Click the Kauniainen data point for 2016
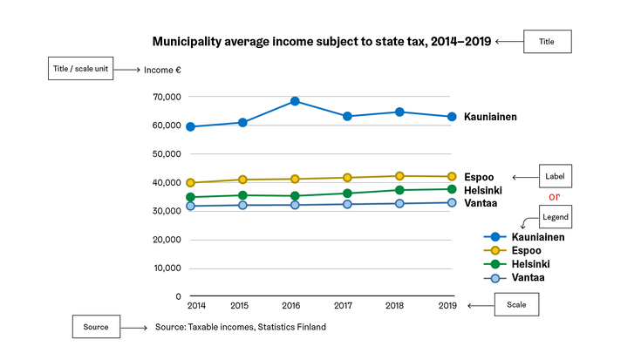coord(295,101)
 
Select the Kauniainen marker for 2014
coord(190,126)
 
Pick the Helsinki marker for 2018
coord(399,190)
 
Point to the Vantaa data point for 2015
coord(242,205)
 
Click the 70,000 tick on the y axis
coord(166,97)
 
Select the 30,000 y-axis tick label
coord(166,211)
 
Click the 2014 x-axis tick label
coord(196,306)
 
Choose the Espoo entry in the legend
coord(528,250)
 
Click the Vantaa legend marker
coord(494,278)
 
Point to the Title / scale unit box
coord(79,70)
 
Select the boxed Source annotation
coord(96,327)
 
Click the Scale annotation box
coord(517,305)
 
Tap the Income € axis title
coord(161,70)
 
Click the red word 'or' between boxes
coord(553,195)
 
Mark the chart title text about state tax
coord(322,41)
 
